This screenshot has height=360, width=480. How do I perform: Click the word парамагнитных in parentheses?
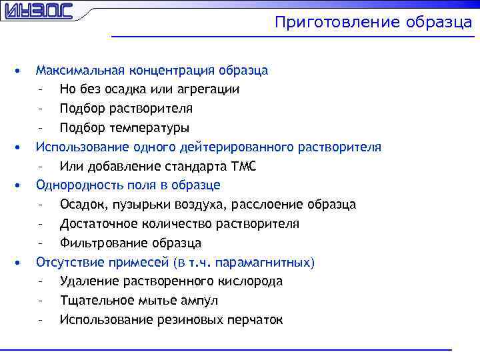(271, 262)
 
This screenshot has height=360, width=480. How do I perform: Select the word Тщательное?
(95, 301)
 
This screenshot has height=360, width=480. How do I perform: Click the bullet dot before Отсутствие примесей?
(22, 262)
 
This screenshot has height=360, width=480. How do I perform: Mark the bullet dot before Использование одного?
(22, 147)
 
